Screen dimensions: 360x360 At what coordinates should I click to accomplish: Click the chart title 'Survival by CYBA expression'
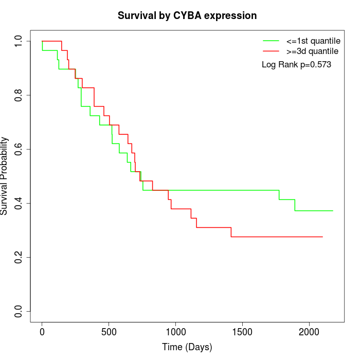click(x=187, y=15)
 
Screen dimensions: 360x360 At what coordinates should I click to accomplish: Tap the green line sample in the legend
click(x=271, y=40)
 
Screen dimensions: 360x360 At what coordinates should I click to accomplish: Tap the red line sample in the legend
click(x=271, y=51)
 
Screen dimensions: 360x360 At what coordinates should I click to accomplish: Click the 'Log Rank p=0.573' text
click(x=296, y=65)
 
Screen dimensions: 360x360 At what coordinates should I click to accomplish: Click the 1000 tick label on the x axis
click(x=175, y=332)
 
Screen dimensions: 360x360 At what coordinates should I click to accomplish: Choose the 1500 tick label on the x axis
click(x=242, y=332)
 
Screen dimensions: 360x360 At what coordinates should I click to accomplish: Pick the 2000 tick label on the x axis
click(x=309, y=332)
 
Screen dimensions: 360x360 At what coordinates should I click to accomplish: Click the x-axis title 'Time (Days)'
click(x=187, y=347)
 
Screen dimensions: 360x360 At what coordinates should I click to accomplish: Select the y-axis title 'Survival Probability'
click(x=5, y=176)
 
